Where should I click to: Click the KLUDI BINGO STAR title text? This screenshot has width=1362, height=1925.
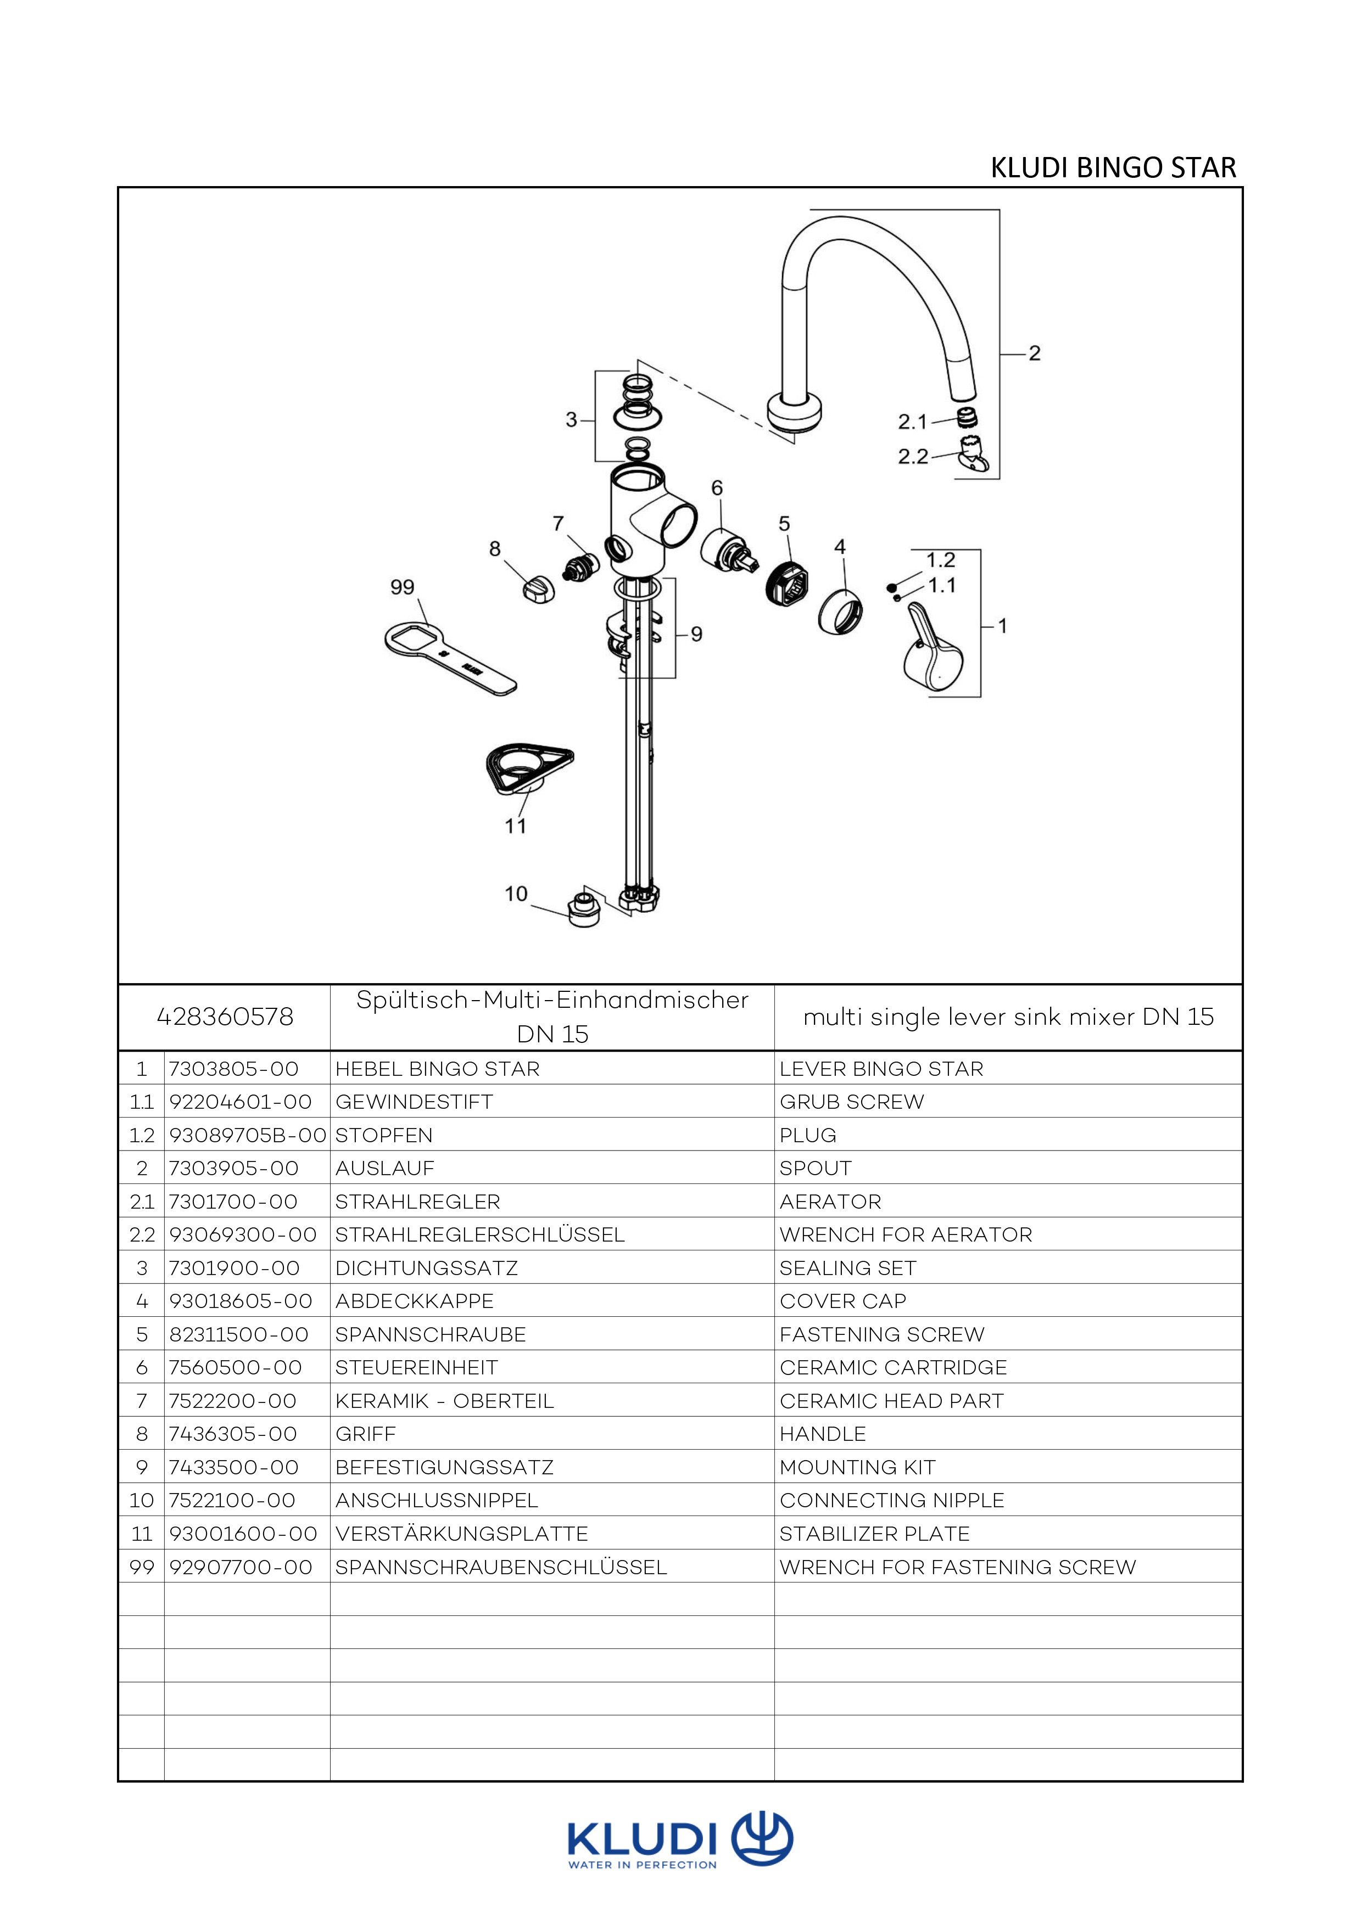pyautogui.click(x=1113, y=167)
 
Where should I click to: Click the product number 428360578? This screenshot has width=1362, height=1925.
pyautogui.click(x=225, y=1017)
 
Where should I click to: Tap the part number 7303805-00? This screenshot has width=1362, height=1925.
pyautogui.click(x=234, y=1069)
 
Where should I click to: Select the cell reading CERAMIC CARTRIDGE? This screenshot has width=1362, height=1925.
pyautogui.click(x=893, y=1367)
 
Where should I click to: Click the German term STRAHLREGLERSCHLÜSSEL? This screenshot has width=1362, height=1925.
pyautogui.click(x=479, y=1235)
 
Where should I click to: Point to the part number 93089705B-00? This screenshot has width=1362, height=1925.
pyautogui.click(x=247, y=1135)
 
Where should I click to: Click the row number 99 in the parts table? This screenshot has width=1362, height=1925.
pyautogui.click(x=142, y=1567)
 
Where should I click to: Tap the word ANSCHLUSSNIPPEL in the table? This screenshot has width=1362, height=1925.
pyautogui.click(x=436, y=1500)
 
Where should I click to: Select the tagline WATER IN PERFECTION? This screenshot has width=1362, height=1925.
pyautogui.click(x=643, y=1866)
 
